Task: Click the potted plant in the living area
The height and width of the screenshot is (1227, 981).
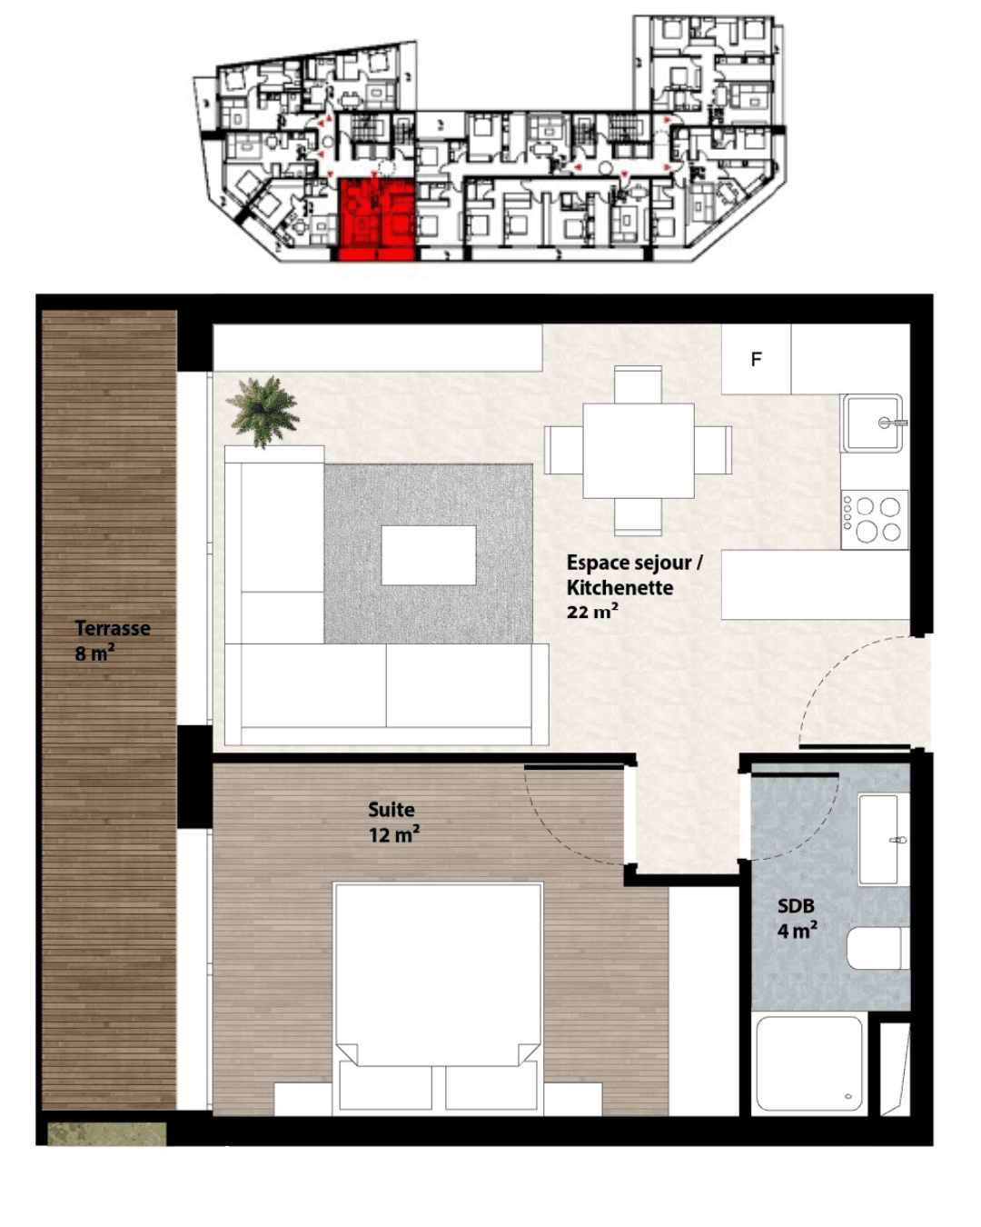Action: coord(263,411)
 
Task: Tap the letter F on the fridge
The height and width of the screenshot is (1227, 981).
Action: coord(756,359)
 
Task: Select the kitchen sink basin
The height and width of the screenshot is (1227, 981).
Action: coord(872,423)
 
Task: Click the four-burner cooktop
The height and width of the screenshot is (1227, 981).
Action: coord(875,519)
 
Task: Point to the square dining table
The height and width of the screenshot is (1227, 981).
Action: coord(639,451)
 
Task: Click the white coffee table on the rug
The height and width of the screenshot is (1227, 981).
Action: coord(428,555)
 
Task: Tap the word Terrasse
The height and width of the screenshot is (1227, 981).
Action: coord(113,628)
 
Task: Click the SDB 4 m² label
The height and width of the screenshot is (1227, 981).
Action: coord(797,919)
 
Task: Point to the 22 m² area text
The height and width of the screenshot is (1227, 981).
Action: coord(592,612)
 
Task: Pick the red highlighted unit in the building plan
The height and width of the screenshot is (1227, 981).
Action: coord(376,220)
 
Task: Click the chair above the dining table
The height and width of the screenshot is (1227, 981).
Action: coord(638,384)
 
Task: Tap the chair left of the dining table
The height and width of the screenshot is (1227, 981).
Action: coord(564,450)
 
